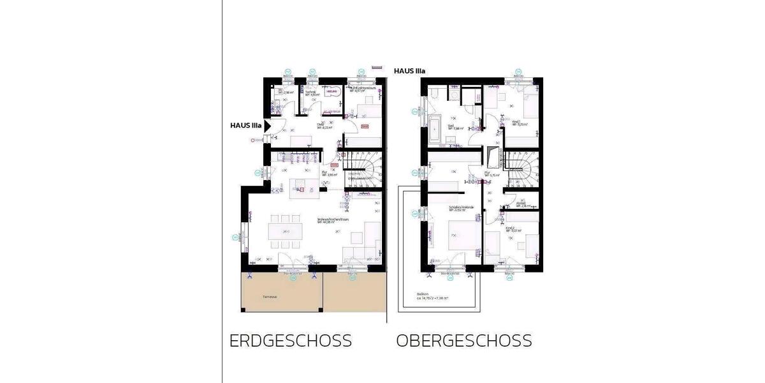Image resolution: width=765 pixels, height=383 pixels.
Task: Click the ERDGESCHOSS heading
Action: [x=290, y=340]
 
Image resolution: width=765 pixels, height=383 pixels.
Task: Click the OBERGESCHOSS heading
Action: [x=463, y=340]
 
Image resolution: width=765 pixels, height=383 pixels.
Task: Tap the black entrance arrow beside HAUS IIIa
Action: [x=268, y=126]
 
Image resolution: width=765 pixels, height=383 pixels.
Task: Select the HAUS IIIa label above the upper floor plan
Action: [x=409, y=71]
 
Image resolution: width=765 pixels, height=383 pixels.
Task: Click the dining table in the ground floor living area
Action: [x=284, y=230]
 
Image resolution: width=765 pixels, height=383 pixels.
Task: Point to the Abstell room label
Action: [x=521, y=205]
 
